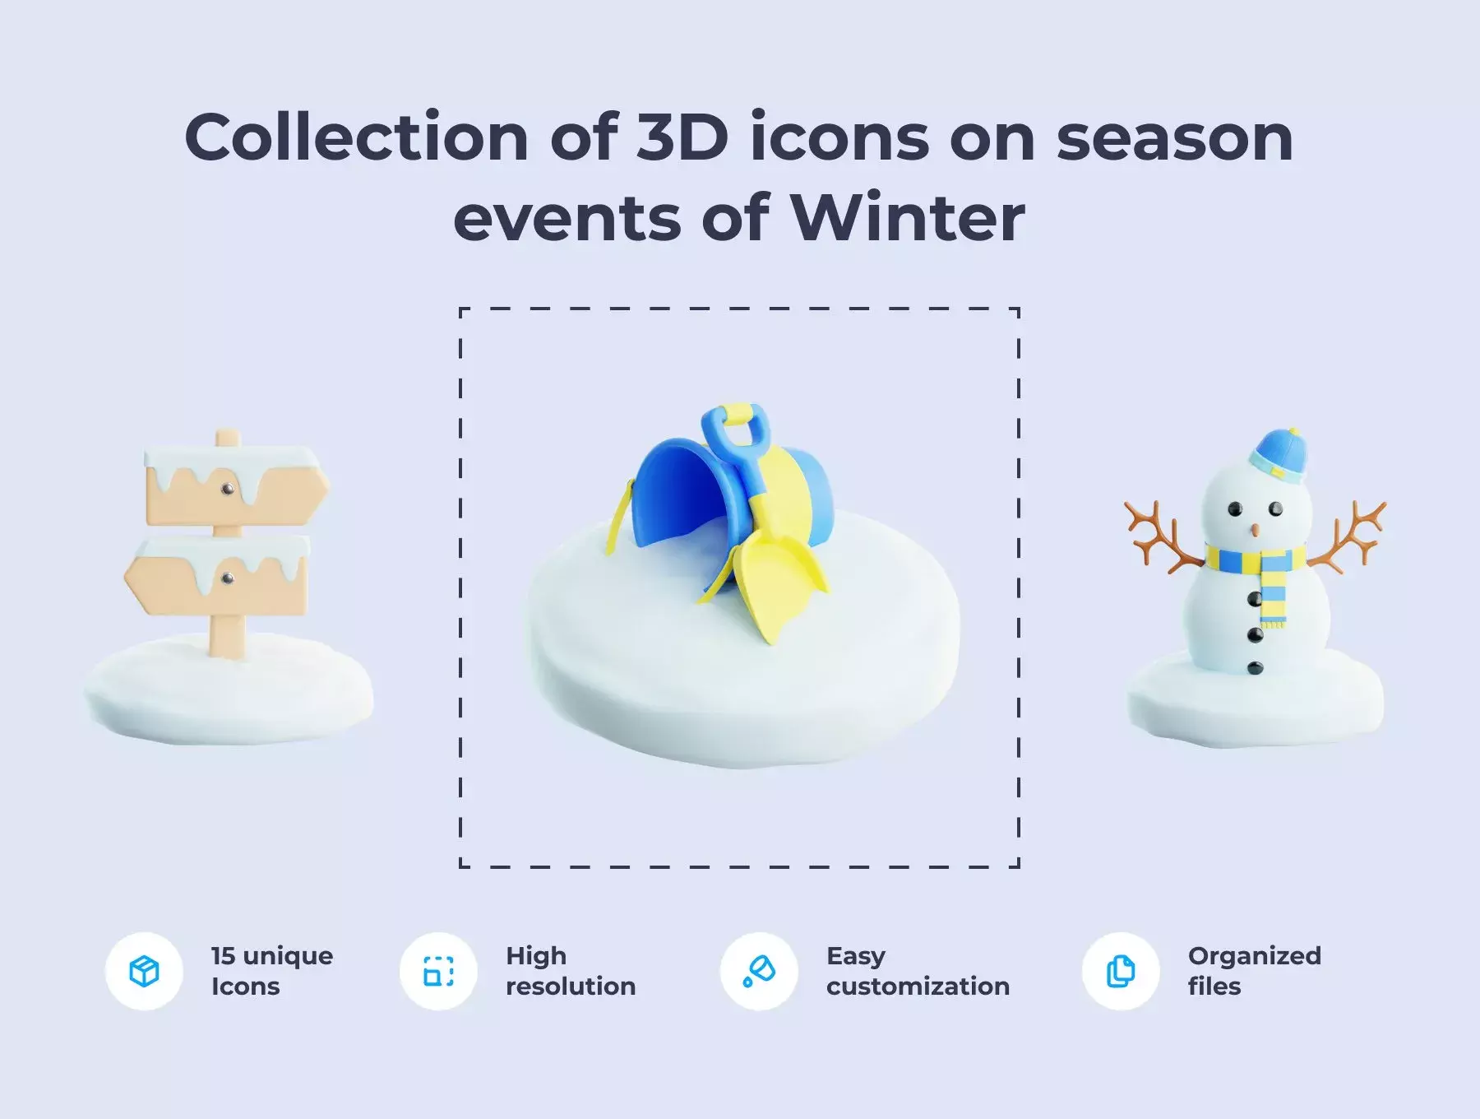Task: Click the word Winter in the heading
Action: (908, 218)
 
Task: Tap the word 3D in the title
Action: (682, 137)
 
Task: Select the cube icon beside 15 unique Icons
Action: (144, 971)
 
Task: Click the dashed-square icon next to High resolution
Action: (438, 971)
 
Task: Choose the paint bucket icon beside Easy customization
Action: (759, 971)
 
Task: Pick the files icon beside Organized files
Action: (1120, 971)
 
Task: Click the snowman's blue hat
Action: (1278, 455)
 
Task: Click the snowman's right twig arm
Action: (1349, 536)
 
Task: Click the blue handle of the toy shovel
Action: (734, 440)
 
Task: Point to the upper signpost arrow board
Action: (237, 486)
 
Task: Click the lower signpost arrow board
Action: (217, 576)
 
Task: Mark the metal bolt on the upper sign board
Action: (227, 490)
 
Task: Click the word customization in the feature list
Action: (918, 987)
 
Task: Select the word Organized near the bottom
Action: (1254, 956)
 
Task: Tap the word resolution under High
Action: (571, 986)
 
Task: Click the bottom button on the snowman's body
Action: (1255, 668)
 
